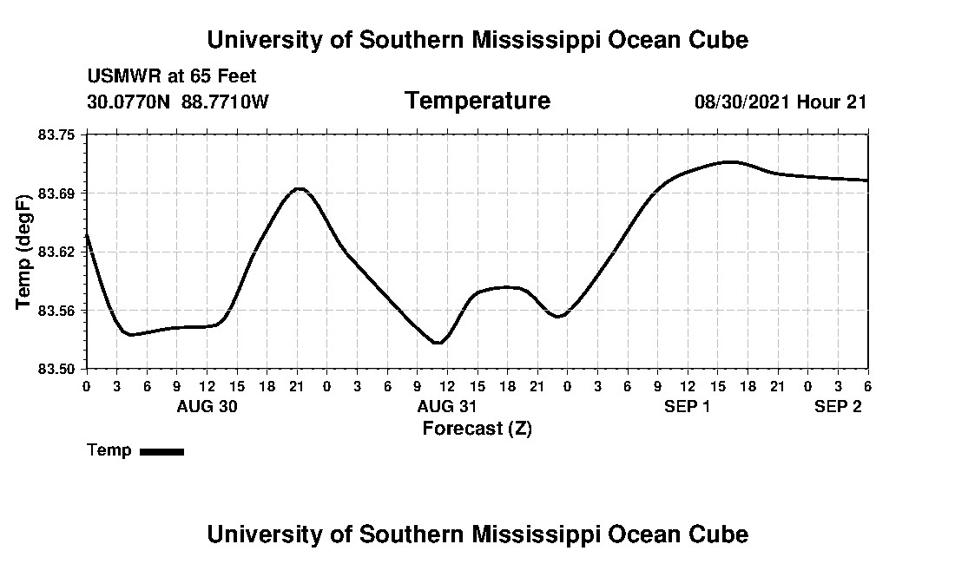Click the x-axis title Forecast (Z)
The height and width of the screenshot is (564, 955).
point(477,428)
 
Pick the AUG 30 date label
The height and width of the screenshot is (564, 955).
point(207,406)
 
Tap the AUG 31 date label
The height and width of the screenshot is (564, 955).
point(447,406)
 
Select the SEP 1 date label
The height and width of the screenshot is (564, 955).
point(688,406)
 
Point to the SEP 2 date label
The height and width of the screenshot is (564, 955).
point(838,406)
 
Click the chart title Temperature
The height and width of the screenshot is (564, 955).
point(477,101)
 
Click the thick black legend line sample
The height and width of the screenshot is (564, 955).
point(161,451)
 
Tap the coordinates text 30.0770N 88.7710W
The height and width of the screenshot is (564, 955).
point(178,102)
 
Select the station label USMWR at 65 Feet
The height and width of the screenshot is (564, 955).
point(172,76)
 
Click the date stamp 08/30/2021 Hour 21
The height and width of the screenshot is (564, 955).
point(780,102)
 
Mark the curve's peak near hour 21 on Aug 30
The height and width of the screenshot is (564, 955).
point(299,188)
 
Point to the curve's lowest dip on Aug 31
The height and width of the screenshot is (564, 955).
point(438,343)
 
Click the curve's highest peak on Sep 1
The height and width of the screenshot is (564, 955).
point(731,161)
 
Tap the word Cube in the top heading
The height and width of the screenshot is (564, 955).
point(717,39)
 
